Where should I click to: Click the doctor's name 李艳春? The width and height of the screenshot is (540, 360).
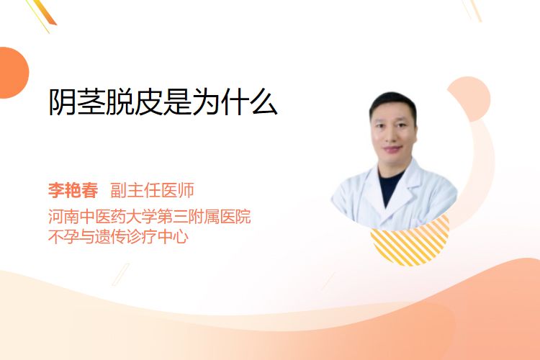73,191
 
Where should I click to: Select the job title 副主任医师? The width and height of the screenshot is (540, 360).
152,191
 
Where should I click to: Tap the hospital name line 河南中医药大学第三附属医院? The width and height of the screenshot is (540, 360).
150,217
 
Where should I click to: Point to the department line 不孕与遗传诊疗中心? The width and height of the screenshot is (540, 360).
118,237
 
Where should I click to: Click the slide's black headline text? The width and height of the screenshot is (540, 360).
163,102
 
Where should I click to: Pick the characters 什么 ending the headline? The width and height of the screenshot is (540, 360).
249,102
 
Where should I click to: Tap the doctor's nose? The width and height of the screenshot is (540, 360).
393,135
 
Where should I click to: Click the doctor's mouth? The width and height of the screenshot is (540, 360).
393,149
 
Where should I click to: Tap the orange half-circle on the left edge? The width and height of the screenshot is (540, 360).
13,73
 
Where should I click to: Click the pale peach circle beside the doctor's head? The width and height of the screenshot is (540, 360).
471,97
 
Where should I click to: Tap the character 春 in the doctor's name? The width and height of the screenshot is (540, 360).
90,191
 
